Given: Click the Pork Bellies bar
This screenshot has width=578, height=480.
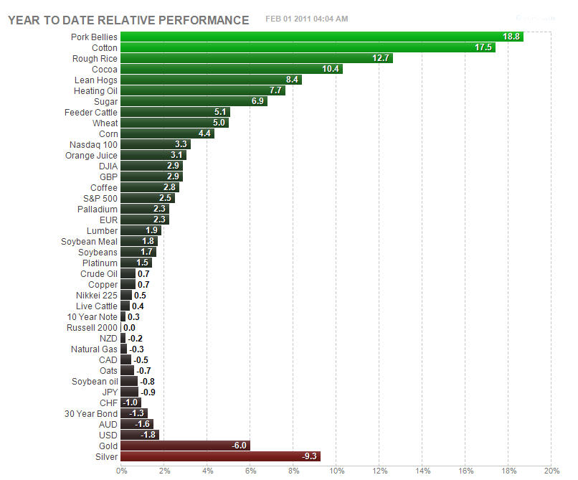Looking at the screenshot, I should tap(321, 37).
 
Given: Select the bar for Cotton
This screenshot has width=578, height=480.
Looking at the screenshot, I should tap(308, 47).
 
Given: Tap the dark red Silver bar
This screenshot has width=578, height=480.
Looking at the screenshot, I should tap(220, 456).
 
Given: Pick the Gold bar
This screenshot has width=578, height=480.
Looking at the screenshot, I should tap(185, 446).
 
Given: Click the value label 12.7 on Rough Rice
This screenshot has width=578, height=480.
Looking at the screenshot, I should tap(382, 58).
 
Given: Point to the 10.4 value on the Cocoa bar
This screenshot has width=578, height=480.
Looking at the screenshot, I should tap(331, 69).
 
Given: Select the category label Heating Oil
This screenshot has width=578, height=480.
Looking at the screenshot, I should tap(95, 90).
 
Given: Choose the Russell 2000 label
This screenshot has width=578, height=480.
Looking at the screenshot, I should tap(91, 327).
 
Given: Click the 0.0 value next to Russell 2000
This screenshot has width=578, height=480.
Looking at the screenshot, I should tap(129, 327).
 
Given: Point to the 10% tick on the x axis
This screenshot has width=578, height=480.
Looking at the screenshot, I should tap(336, 471).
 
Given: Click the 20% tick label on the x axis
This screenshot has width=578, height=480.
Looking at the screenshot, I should tap(551, 471).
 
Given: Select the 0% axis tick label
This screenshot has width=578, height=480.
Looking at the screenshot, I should tap(121, 471).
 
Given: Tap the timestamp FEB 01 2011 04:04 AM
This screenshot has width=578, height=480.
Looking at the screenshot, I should tap(306, 19).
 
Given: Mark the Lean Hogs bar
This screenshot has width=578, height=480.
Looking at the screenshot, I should tap(211, 80).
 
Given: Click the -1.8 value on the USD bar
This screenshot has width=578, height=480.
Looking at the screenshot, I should tap(148, 435).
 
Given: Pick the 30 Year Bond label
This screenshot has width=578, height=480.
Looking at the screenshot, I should tap(91, 413).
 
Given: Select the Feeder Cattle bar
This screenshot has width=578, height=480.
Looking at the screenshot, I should tap(175, 112).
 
